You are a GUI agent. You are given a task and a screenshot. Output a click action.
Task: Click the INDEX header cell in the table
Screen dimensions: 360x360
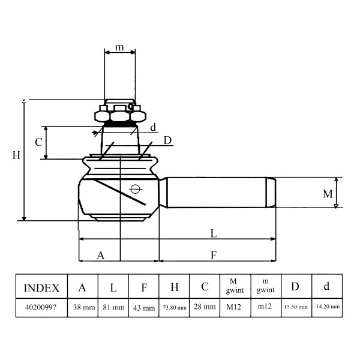[x=41, y=287]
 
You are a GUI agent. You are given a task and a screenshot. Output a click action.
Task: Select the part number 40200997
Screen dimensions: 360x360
[x=41, y=307]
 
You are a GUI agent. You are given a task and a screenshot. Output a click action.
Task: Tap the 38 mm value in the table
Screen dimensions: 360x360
[x=84, y=307]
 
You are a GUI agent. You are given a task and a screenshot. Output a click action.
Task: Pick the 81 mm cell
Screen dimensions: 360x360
[x=113, y=307]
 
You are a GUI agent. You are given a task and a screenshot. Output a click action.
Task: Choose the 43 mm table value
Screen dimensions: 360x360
[x=144, y=308]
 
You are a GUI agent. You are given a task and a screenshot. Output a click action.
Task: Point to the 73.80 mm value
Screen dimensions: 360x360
[x=175, y=307]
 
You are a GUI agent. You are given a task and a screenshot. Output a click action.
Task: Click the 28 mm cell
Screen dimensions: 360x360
[x=205, y=307]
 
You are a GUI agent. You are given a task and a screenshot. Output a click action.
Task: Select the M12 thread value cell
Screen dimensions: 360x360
[x=234, y=307]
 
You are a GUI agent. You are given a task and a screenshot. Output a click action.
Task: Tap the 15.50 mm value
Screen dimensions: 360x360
[x=296, y=307]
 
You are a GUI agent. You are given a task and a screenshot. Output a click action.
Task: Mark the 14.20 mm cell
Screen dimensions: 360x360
[x=328, y=306]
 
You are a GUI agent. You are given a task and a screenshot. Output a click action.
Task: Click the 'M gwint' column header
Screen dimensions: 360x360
[x=235, y=286]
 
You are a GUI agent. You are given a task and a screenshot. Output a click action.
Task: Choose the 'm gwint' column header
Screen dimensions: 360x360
[x=265, y=286]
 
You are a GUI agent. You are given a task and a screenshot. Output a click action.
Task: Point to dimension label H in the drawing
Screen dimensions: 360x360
[x=16, y=155]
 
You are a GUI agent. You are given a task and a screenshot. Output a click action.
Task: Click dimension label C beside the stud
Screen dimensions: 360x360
[x=38, y=142]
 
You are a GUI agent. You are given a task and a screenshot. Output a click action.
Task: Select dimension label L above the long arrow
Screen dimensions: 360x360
[x=214, y=233]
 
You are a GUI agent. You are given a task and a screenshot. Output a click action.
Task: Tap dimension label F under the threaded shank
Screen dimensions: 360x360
[x=214, y=255]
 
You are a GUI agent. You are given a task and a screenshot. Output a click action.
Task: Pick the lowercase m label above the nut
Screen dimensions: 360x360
[x=119, y=47]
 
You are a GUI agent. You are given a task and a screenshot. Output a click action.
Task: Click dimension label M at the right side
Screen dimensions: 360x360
[x=328, y=194]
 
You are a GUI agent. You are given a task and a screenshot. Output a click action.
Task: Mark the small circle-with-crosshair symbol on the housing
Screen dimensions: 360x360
[x=135, y=189]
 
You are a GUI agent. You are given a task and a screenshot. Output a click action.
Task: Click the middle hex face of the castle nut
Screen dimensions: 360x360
[x=120, y=116]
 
